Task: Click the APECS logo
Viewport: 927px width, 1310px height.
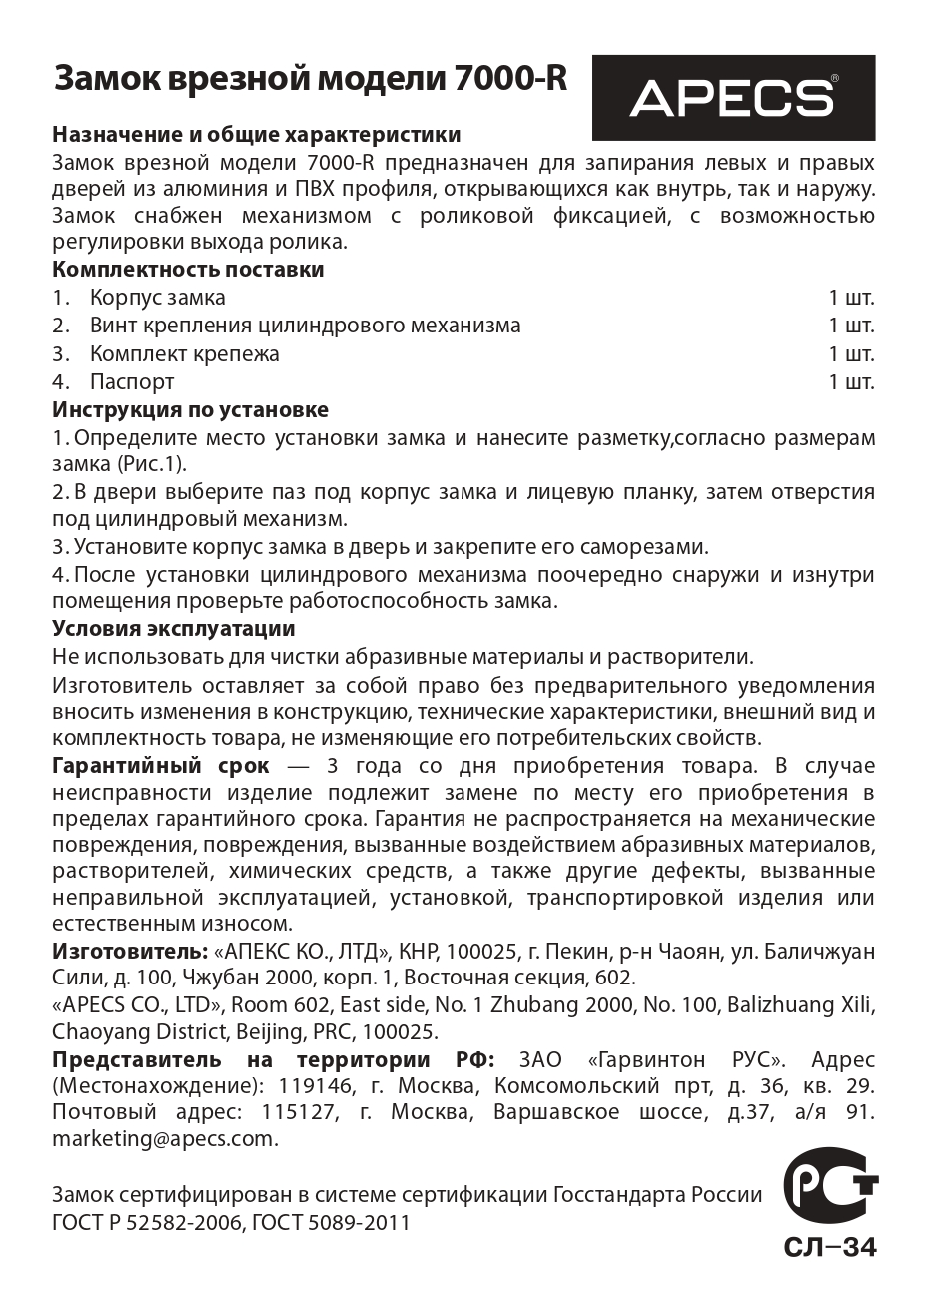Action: pyautogui.click(x=733, y=98)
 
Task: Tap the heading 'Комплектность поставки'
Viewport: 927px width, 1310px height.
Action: pyautogui.click(x=188, y=270)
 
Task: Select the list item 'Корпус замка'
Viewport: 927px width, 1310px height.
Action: pyautogui.click(x=157, y=298)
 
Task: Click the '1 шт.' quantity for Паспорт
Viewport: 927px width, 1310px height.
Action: pyautogui.click(x=851, y=382)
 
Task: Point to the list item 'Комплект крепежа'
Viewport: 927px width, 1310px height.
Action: pyautogui.click(x=184, y=354)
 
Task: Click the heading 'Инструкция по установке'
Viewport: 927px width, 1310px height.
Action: pyautogui.click(x=190, y=410)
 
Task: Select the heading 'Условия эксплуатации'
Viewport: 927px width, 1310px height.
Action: pyautogui.click(x=173, y=629)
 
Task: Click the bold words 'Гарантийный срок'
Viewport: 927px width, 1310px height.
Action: pyautogui.click(x=160, y=766)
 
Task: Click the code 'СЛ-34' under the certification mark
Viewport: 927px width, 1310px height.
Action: pyautogui.click(x=829, y=1248)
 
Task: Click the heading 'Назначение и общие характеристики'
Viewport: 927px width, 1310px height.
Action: pyautogui.click(x=257, y=135)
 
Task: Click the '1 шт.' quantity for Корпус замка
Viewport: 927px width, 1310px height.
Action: pyautogui.click(x=851, y=298)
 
